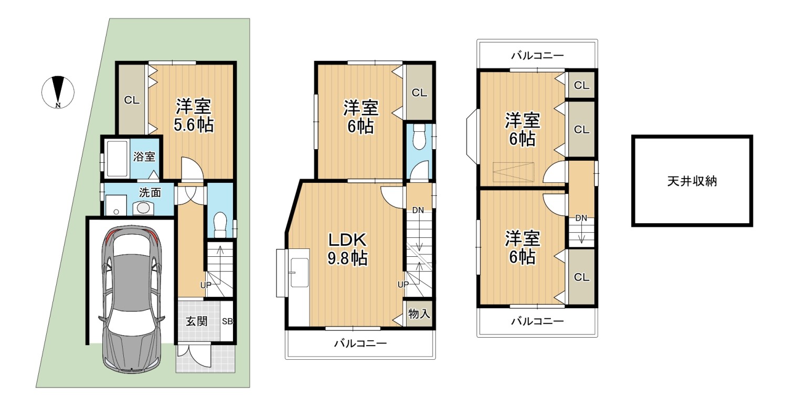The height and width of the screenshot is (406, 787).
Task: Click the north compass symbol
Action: pyautogui.click(x=58, y=92)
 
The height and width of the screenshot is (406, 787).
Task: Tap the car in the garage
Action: pyautogui.click(x=132, y=299)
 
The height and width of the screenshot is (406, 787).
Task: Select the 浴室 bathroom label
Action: pyautogui.click(x=144, y=157)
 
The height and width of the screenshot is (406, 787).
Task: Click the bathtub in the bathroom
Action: pyautogui.click(x=117, y=158)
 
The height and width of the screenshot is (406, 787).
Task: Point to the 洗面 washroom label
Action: pyautogui.click(x=150, y=192)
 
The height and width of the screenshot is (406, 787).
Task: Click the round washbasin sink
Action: pyautogui.click(x=143, y=207)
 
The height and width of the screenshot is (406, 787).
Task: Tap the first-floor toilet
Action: pyautogui.click(x=220, y=224)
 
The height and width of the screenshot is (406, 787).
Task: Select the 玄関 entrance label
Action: pyautogui.click(x=196, y=321)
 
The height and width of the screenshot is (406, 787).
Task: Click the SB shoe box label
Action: pyautogui.click(x=227, y=321)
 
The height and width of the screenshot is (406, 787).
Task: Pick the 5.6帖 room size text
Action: pyautogui.click(x=194, y=124)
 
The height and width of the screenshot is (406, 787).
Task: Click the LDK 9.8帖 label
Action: pyautogui.click(x=347, y=249)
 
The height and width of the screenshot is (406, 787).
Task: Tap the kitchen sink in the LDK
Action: pyautogui.click(x=300, y=273)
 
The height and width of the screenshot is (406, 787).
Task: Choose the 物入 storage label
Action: pyautogui.click(x=419, y=314)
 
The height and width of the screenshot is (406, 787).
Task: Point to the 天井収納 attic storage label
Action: pyautogui.click(x=692, y=181)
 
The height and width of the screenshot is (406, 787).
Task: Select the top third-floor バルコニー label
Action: pyautogui.click(x=537, y=55)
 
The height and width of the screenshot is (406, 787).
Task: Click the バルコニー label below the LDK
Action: pyautogui.click(x=360, y=343)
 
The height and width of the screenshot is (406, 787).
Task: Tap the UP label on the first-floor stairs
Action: pyautogui.click(x=206, y=285)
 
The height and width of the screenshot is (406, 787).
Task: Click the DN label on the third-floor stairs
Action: pyautogui.click(x=581, y=218)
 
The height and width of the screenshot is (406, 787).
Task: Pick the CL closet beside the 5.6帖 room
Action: pyautogui.click(x=132, y=100)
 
